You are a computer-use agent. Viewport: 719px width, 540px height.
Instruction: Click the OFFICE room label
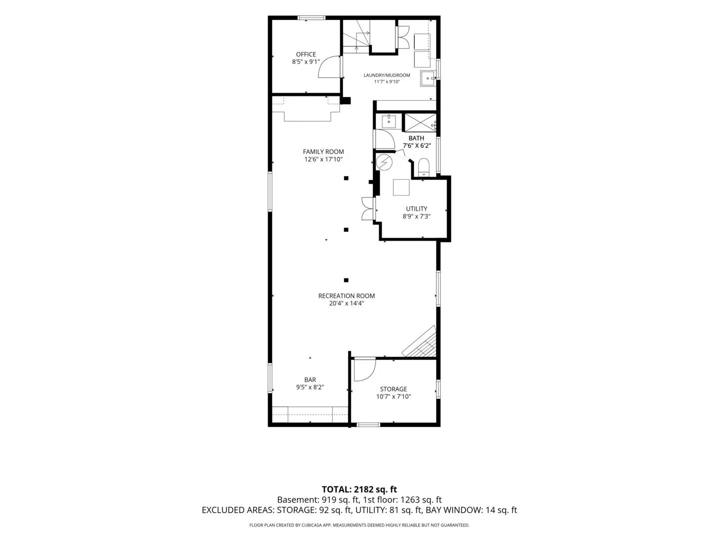tap(306, 54)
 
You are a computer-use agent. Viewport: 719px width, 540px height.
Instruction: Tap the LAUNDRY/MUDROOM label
tap(386, 75)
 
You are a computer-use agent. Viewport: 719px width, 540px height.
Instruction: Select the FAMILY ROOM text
tap(323, 152)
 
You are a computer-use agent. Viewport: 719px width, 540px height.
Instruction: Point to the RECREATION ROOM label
tap(346, 295)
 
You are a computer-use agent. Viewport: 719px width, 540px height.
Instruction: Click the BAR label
tap(310, 379)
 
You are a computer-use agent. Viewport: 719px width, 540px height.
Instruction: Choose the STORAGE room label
tap(393, 389)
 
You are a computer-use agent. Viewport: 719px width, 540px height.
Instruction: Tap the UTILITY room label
tap(416, 209)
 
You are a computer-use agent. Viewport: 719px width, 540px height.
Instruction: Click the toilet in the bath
tap(423, 167)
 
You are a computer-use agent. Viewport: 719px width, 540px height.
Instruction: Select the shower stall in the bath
tap(420, 122)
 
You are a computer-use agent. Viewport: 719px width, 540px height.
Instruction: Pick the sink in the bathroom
tap(388, 121)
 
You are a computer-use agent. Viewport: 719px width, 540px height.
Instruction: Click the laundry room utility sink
tap(427, 78)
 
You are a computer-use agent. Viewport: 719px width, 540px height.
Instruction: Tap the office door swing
tap(329, 67)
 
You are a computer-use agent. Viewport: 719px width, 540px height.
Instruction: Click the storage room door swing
tap(364, 370)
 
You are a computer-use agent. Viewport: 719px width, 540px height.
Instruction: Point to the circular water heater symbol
tap(384, 162)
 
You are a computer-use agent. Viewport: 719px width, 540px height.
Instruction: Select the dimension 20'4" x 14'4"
tap(346, 303)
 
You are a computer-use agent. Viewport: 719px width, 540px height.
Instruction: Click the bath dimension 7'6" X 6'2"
tap(416, 145)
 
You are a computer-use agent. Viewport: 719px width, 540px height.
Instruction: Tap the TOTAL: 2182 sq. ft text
tap(359, 489)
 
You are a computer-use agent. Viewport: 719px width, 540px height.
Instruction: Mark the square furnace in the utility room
tap(401, 187)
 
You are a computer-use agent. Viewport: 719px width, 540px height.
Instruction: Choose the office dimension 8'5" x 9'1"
tap(306, 61)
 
